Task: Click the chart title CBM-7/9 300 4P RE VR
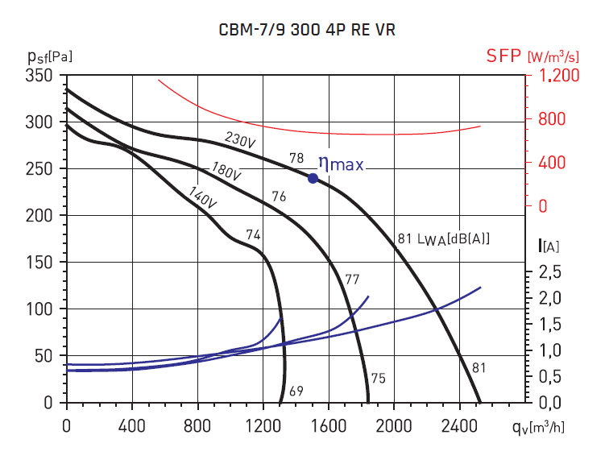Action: [307, 31]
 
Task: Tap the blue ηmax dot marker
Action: [313, 178]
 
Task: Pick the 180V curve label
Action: [226, 171]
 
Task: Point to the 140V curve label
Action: [203, 197]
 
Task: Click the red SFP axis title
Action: [504, 56]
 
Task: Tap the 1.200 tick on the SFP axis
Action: [557, 76]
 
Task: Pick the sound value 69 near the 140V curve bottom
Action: [296, 391]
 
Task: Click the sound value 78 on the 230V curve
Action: [296, 159]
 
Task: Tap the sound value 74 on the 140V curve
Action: [253, 234]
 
